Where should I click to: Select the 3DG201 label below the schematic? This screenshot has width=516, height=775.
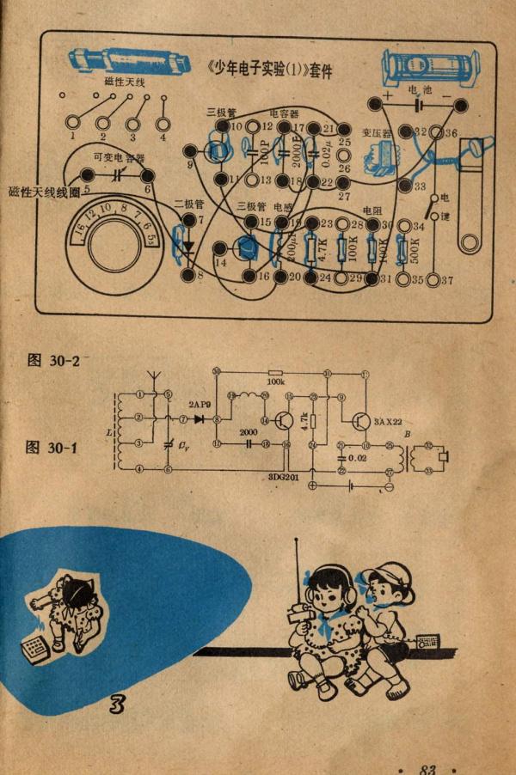282,478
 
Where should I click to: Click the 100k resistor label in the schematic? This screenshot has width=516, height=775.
275,381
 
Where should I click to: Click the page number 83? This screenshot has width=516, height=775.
427,768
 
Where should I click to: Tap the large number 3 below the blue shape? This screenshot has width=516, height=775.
118,705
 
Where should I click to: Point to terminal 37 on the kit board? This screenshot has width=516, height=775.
446,280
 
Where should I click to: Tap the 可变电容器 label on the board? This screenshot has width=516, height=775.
118,158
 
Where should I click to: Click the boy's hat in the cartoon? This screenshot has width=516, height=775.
392,574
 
